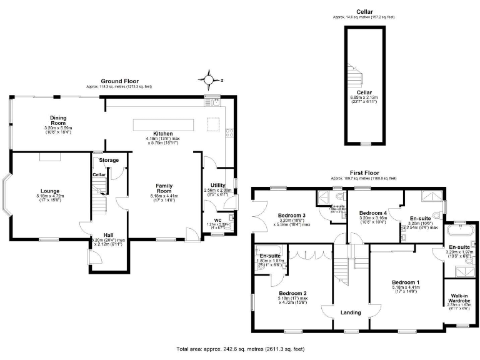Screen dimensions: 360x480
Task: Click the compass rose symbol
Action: tap(207, 79)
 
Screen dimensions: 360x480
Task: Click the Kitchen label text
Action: tap(163, 134)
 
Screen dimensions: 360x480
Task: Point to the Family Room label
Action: tap(164, 189)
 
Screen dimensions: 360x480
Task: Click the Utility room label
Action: tap(217, 186)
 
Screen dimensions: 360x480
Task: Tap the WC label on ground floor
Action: tap(217, 220)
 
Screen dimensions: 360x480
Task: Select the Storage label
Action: tap(109, 161)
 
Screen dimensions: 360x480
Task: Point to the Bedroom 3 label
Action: tap(292, 216)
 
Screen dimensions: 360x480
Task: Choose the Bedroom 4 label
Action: tap(373, 213)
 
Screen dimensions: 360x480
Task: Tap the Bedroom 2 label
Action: tap(292, 293)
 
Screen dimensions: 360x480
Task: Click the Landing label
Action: tap(351, 313)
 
